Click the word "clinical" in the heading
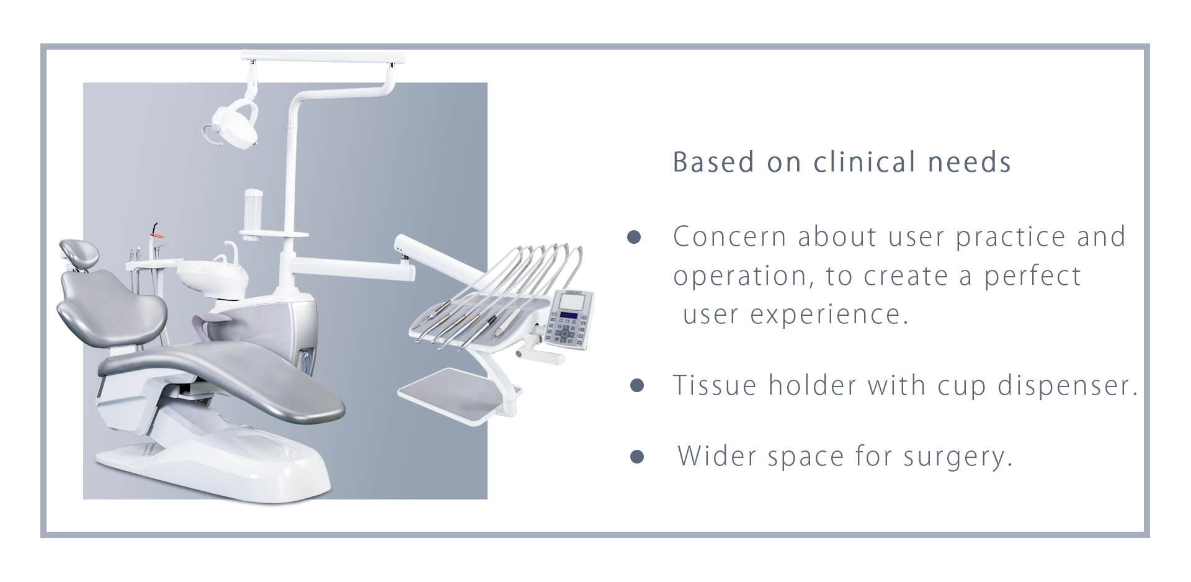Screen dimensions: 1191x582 tap(865, 162)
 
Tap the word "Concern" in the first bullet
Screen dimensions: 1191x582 tap(730, 237)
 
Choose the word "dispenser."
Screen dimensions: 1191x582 tap(1068, 386)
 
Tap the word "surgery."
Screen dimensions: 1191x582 tap(958, 457)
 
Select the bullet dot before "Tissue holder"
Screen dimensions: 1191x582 tap(636, 385)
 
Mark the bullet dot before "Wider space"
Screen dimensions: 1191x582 tap(636, 457)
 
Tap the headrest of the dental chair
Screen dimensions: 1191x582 tap(79, 253)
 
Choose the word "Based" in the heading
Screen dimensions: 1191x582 tap(714, 162)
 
